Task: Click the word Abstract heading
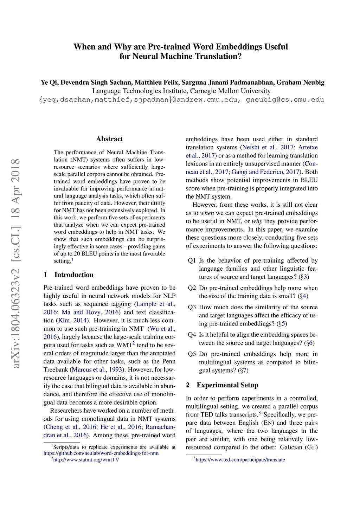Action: (x=109, y=139)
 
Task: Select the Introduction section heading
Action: (x=74, y=275)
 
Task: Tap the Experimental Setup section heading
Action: (x=227, y=385)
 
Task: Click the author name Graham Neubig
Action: (x=300, y=82)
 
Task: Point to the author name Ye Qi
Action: (x=49, y=82)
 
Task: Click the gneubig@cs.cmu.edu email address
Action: (x=285, y=99)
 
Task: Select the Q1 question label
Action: (x=192, y=260)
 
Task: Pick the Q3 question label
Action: (x=192, y=307)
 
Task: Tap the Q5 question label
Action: (x=192, y=354)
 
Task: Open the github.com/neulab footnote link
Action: (x=101, y=453)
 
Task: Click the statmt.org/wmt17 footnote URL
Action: (x=86, y=459)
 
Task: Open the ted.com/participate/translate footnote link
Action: (x=240, y=459)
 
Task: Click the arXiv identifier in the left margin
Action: (x=15, y=264)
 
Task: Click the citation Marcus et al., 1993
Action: (x=97, y=369)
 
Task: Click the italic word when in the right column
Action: (x=207, y=213)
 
